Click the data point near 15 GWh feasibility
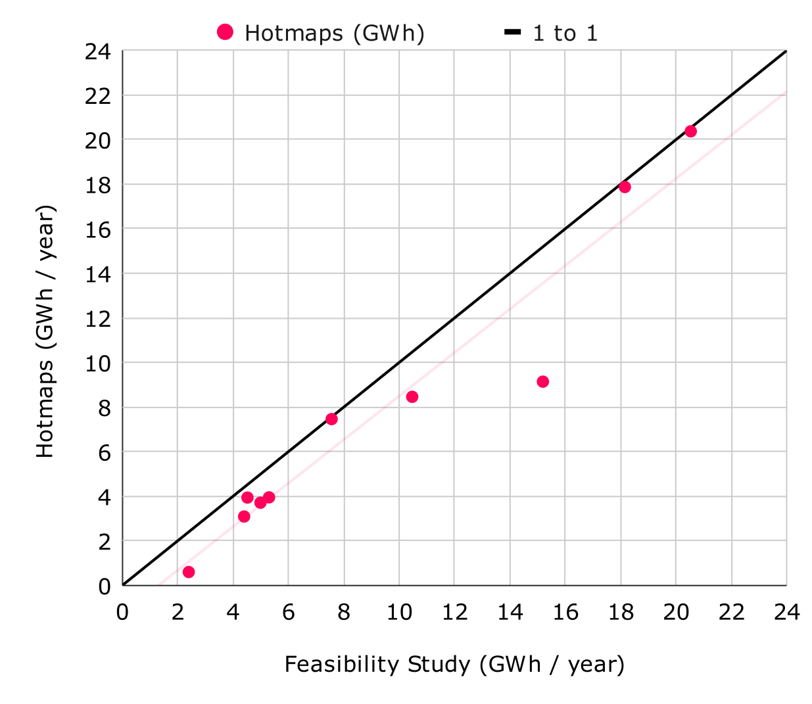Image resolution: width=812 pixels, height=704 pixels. click(542, 382)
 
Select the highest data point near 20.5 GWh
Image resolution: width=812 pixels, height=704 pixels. click(690, 131)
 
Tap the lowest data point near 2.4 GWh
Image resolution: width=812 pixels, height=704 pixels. click(189, 572)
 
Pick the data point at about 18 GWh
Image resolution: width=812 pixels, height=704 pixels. click(625, 187)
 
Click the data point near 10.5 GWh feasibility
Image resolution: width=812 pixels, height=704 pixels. click(412, 397)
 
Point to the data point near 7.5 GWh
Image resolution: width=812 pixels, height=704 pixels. click(331, 419)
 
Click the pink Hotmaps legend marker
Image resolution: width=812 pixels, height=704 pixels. click(226, 32)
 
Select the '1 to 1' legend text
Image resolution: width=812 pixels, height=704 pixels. click(565, 33)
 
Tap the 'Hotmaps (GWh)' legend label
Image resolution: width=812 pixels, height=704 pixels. click(334, 33)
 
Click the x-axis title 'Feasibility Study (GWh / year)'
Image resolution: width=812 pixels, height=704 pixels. click(454, 664)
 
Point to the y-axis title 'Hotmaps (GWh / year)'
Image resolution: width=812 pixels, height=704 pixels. click(45, 331)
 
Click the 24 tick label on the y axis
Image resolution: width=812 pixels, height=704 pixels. click(98, 52)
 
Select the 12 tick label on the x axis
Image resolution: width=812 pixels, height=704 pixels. click(454, 613)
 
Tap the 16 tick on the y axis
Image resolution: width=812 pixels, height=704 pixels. click(98, 229)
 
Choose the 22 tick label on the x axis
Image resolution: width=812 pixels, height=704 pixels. click(731, 613)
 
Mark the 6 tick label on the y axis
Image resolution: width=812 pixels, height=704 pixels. click(104, 452)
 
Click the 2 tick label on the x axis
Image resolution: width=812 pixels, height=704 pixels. click(178, 613)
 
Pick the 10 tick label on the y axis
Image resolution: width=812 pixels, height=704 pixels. click(98, 364)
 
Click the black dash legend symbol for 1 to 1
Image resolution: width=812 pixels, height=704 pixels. click(513, 32)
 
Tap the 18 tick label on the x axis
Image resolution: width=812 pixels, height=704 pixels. click(621, 613)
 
